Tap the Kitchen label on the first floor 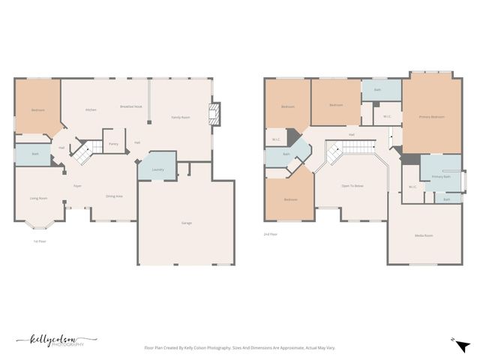click(x=91, y=110)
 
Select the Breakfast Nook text click(x=131, y=106)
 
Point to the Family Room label click(x=180, y=117)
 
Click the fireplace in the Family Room click(x=215, y=115)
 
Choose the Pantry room click(x=113, y=143)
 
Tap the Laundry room click(x=157, y=169)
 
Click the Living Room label click(x=38, y=198)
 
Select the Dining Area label click(x=114, y=196)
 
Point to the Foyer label click(x=77, y=185)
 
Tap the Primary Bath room click(x=440, y=176)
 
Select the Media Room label click(x=424, y=235)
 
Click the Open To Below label click(x=352, y=185)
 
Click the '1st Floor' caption click(x=40, y=241)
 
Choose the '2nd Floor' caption click(x=271, y=235)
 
